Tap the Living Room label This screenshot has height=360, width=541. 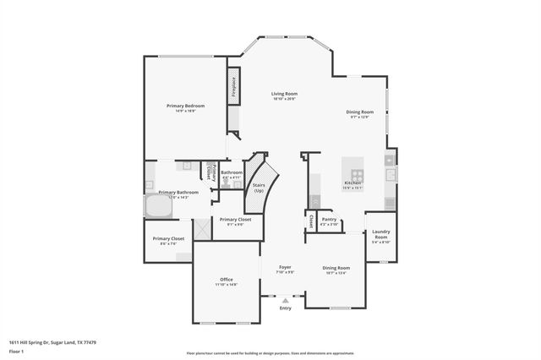tap(284, 94)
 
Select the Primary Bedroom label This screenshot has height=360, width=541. tap(185, 106)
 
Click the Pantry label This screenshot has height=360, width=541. tap(329, 219)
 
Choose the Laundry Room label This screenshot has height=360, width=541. tap(381, 235)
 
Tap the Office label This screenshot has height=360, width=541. tap(226, 280)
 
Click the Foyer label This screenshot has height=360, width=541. tap(286, 267)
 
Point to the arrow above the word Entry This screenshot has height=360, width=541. tap(285, 299)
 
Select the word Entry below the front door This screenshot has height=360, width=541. tap(285, 308)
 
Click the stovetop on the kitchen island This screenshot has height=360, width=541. tap(352, 166)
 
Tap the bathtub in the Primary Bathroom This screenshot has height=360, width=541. tap(158, 206)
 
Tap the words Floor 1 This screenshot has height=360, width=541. tap(18, 352)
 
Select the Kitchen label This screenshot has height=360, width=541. tap(352, 183)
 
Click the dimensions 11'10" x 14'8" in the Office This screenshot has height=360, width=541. tap(226, 286)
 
